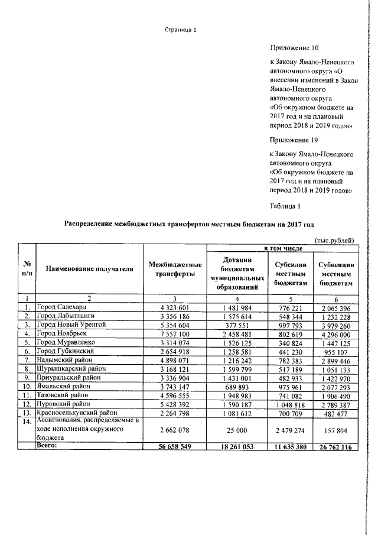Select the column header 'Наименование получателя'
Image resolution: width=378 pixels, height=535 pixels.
(89, 270)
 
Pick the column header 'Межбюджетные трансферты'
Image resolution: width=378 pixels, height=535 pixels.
(175, 270)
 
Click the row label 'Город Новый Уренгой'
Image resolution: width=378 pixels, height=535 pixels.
(71, 325)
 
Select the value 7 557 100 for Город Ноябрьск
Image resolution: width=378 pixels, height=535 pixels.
(175, 333)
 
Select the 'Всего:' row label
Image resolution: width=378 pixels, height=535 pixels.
(48, 446)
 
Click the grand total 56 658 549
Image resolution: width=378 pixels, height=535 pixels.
(175, 447)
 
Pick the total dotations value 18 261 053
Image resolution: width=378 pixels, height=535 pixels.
(240, 447)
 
